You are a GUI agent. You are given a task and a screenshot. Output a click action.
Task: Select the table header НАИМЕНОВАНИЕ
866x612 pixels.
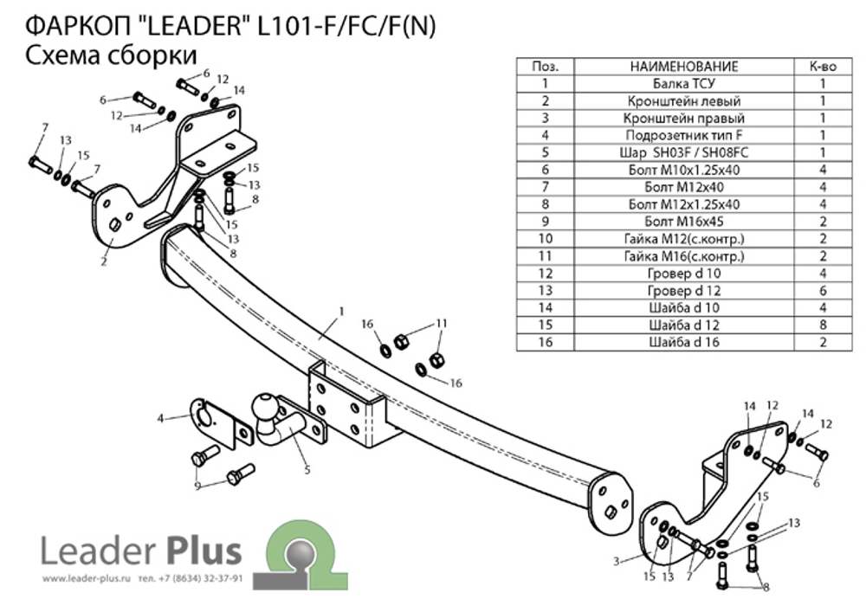tap(683, 67)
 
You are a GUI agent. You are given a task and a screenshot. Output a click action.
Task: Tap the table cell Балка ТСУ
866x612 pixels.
tap(683, 84)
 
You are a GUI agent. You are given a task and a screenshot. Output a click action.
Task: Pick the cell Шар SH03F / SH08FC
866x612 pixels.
tap(683, 152)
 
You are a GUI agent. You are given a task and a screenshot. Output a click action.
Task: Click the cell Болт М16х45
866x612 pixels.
tap(683, 222)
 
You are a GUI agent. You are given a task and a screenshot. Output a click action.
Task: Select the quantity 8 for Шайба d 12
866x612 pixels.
tap(822, 325)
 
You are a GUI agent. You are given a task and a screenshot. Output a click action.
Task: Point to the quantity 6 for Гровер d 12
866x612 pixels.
tap(822, 290)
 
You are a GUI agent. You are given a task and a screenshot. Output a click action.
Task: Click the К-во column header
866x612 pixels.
tap(822, 67)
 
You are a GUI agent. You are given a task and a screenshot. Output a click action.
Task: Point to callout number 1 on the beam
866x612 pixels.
tap(342, 310)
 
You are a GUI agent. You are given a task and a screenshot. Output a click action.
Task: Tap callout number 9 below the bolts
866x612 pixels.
tap(197, 486)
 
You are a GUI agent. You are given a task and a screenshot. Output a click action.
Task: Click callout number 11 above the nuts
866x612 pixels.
tap(443, 323)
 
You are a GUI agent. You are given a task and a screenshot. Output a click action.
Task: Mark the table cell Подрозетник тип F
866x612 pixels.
tap(683, 135)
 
